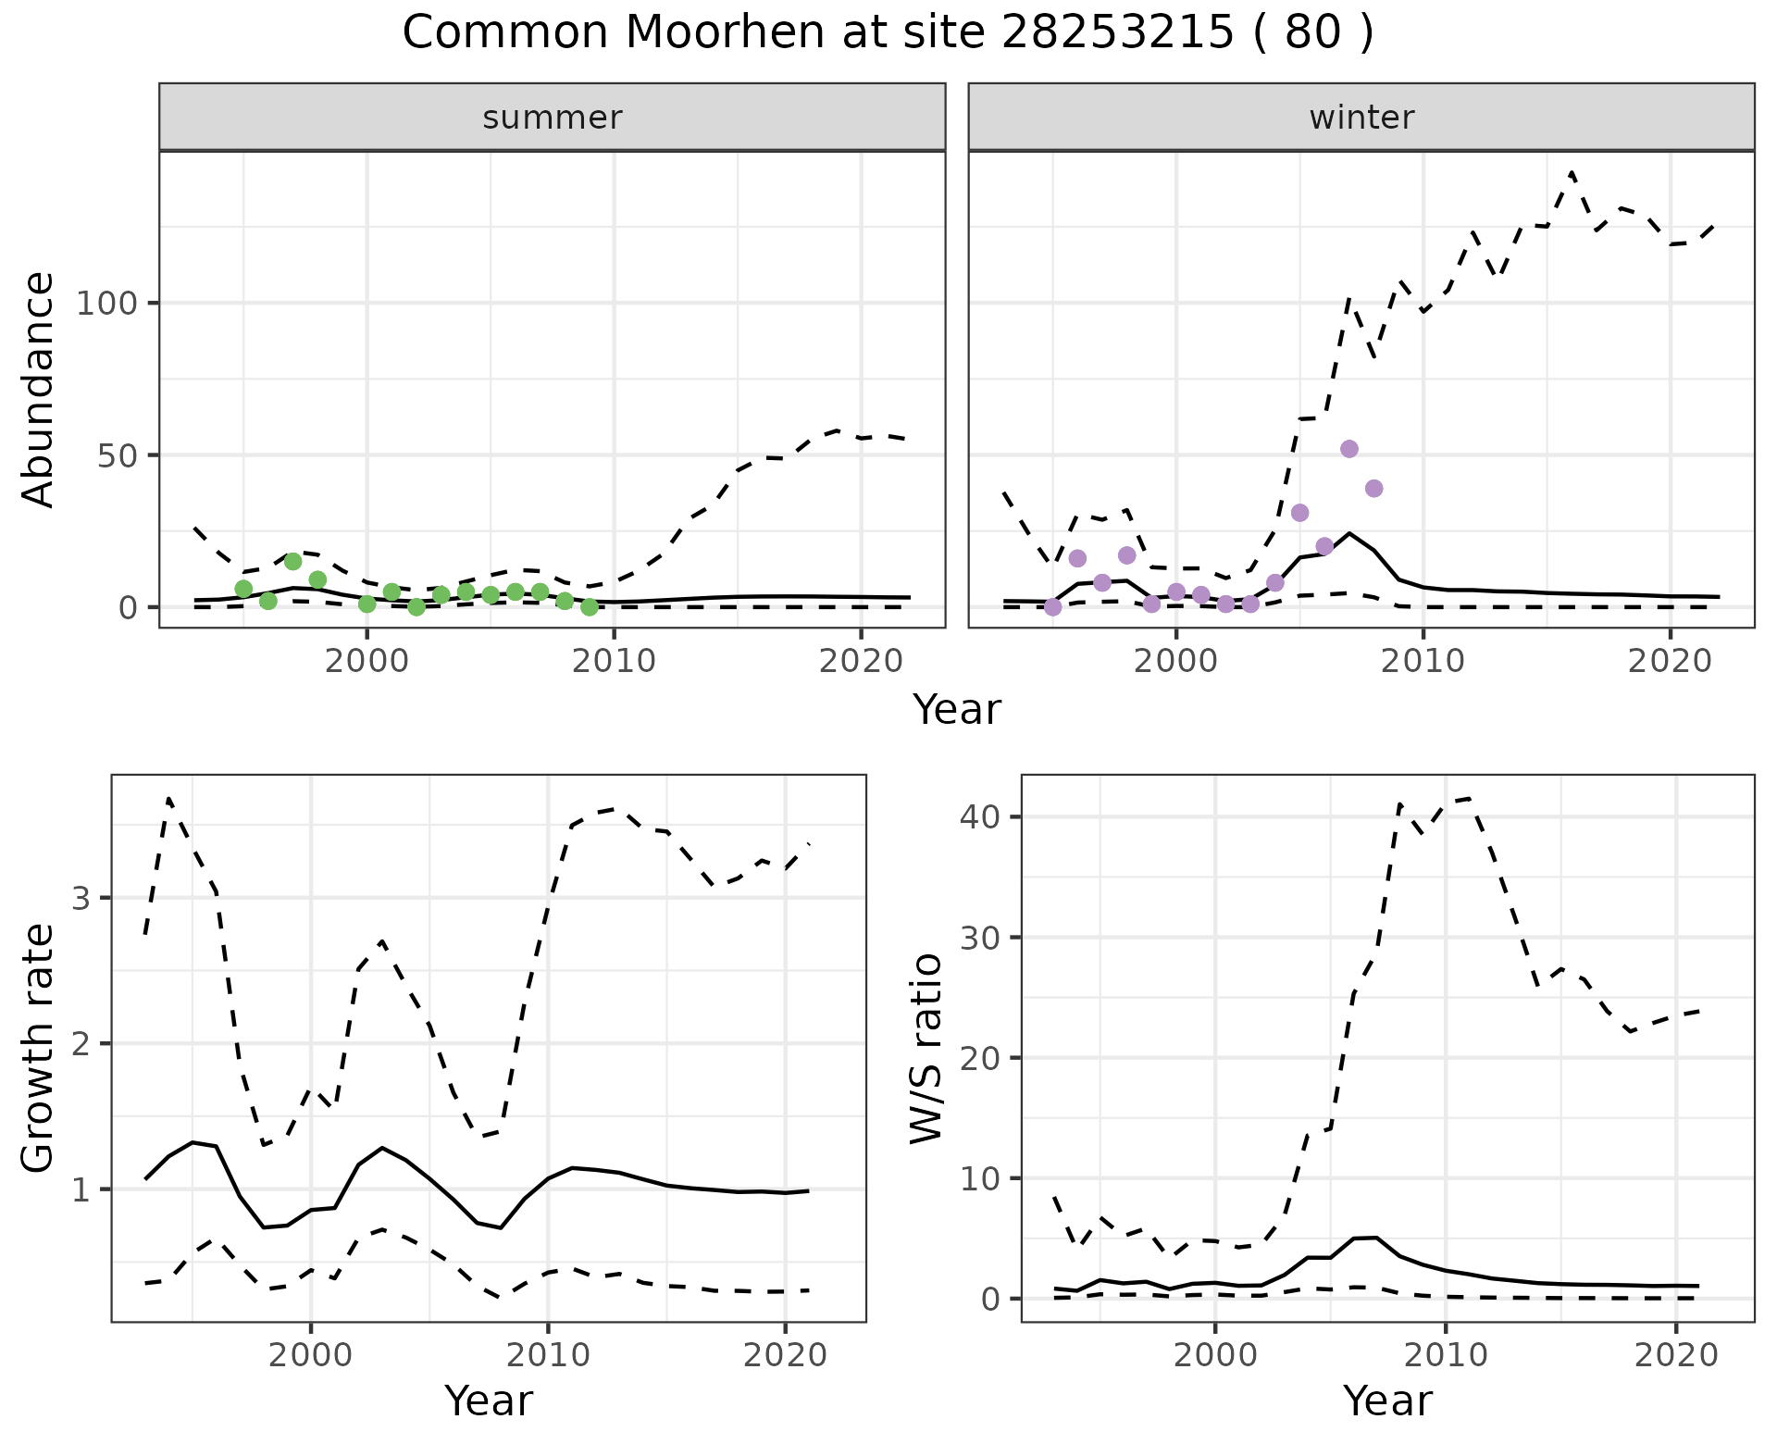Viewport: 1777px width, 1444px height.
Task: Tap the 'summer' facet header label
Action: (x=553, y=118)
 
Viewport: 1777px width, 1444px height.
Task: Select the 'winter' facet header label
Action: (x=1361, y=118)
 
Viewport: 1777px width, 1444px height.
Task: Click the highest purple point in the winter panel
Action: (x=1349, y=449)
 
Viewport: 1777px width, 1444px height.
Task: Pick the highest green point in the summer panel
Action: (x=293, y=561)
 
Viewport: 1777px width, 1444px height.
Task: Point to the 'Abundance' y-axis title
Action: (x=39, y=389)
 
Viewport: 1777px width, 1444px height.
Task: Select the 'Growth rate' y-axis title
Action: (x=39, y=1048)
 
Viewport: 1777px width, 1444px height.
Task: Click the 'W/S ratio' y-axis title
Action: (x=926, y=1048)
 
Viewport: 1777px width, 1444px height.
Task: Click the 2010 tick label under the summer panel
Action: (x=614, y=662)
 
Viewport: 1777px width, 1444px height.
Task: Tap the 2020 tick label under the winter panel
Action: (x=1670, y=662)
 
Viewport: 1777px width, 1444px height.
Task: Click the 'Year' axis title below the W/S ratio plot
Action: (x=1387, y=1400)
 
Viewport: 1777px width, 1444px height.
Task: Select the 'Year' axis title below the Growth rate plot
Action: (x=489, y=1400)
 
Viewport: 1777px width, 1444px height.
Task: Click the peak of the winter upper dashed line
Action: (x=1572, y=172)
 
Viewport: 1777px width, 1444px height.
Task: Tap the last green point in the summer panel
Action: (x=590, y=607)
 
